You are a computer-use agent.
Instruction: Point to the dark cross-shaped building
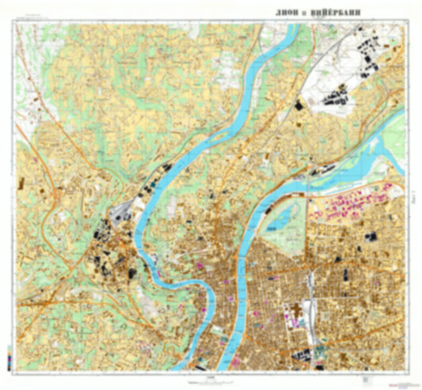point(301,311)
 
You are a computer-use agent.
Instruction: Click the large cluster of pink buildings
point(348,204)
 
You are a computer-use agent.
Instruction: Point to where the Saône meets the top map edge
point(295,25)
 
